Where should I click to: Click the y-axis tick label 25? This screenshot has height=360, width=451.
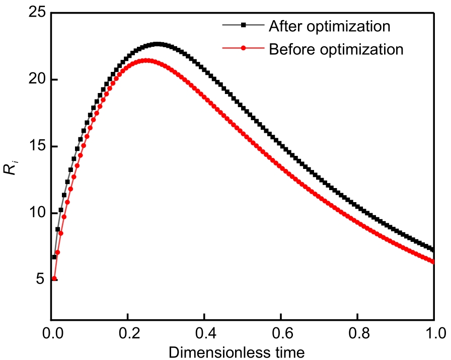[x=36, y=13]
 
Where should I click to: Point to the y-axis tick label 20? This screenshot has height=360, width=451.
[x=36, y=80]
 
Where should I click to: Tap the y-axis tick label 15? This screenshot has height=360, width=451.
[x=36, y=146]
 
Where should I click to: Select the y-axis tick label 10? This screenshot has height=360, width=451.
[x=36, y=213]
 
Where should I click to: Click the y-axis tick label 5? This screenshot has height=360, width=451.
[x=40, y=280]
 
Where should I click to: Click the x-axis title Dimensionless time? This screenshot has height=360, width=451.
[x=237, y=351]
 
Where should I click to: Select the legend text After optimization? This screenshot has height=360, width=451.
[x=329, y=25]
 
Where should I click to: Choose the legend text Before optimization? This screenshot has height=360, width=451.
[x=336, y=49]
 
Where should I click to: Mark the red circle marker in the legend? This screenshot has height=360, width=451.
[x=243, y=49]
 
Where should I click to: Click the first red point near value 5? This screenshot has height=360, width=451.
[x=54, y=279]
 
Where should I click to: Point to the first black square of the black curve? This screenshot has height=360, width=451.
[x=54, y=257]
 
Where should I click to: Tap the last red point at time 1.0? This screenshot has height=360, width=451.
[x=433, y=261]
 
